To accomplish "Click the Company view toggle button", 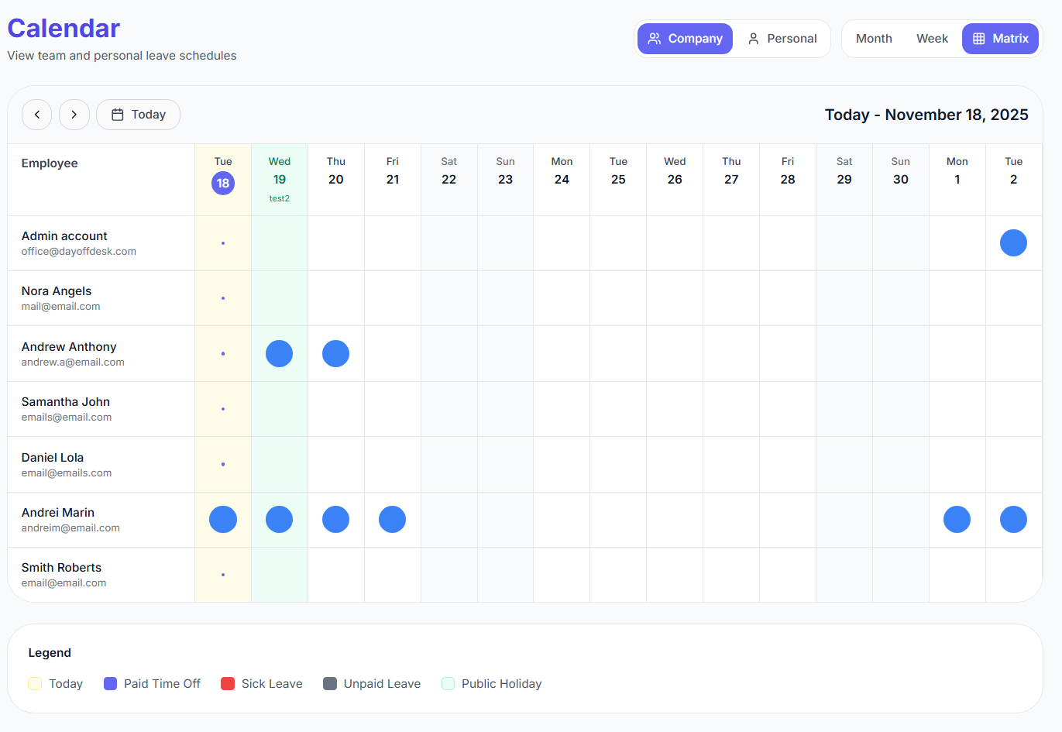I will pyautogui.click(x=685, y=39).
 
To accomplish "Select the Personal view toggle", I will pyautogui.click(x=782, y=39).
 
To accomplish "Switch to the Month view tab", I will pyautogui.click(x=874, y=39).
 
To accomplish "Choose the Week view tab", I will pyautogui.click(x=932, y=39).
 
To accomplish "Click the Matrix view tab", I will pyautogui.click(x=1000, y=39).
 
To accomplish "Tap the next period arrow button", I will pyautogui.click(x=74, y=115).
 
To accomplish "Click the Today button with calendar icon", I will pyautogui.click(x=139, y=115).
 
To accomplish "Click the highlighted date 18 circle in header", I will pyautogui.click(x=223, y=184).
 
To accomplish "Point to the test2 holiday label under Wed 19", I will pyautogui.click(x=280, y=199).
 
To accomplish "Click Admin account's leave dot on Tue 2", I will pyautogui.click(x=1013, y=243).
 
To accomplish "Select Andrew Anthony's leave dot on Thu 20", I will pyautogui.click(x=335, y=354).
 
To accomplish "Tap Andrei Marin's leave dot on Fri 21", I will pyautogui.click(x=392, y=520).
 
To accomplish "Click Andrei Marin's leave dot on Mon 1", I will pyautogui.click(x=957, y=520).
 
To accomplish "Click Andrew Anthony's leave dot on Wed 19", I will pyautogui.click(x=279, y=354).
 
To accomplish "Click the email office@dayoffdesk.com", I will pyautogui.click(x=79, y=252).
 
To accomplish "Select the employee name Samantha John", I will pyautogui.click(x=66, y=402).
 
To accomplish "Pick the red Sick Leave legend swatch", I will pyautogui.click(x=228, y=684).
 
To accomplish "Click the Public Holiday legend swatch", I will pyautogui.click(x=448, y=684).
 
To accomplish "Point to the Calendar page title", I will pyautogui.click(x=64, y=29).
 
